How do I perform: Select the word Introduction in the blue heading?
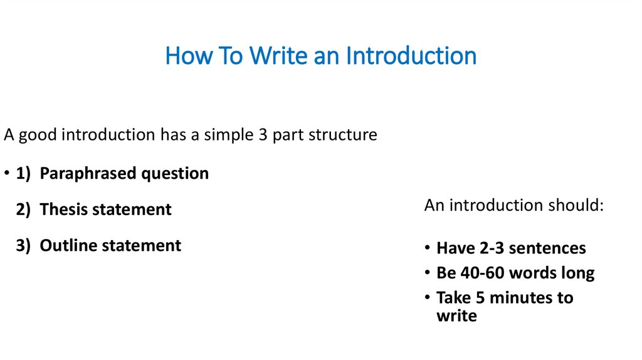[411, 56]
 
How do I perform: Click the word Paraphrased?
[87, 174]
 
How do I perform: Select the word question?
[174, 174]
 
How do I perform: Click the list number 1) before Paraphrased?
[24, 174]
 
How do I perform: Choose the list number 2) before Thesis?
[24, 209]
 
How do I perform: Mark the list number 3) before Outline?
[24, 245]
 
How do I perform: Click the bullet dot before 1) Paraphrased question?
[6, 174]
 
